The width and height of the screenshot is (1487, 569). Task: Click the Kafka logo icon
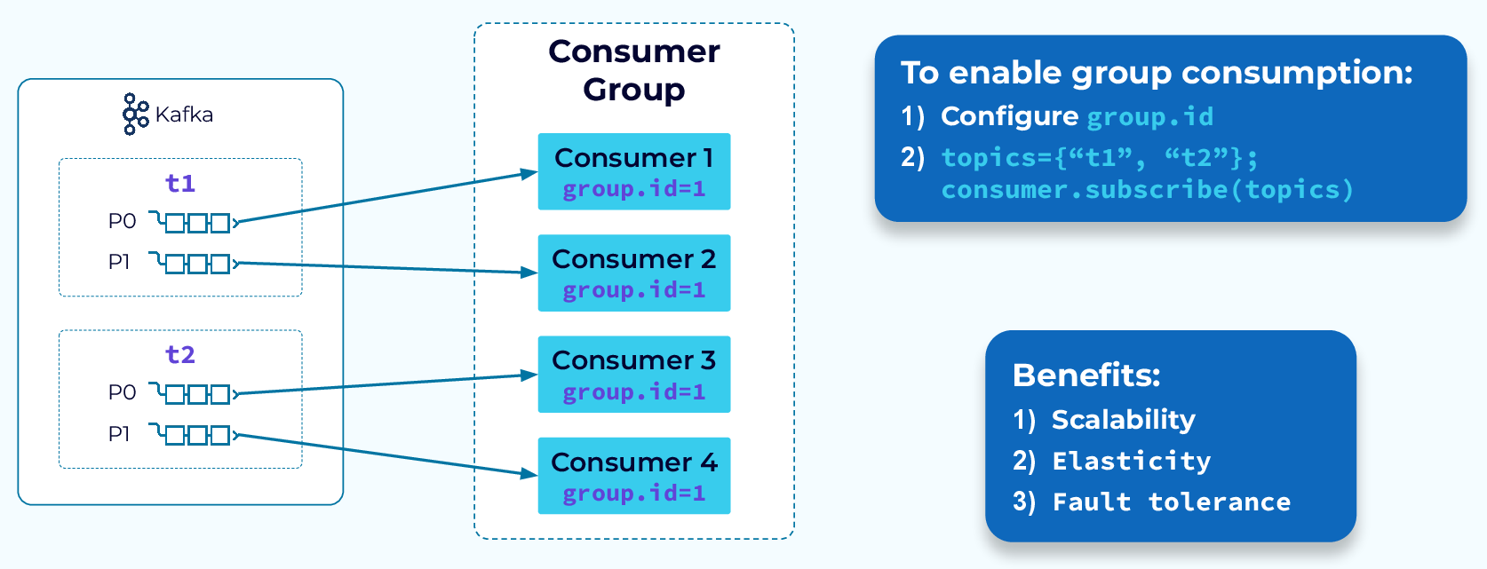(135, 114)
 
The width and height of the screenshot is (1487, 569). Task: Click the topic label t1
(180, 183)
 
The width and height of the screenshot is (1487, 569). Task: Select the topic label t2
(180, 354)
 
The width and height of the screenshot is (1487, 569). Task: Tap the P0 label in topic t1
(122, 221)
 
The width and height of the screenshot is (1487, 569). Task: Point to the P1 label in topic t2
(119, 434)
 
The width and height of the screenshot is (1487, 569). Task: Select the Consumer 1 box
(634, 171)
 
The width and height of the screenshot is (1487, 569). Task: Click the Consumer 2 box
(634, 273)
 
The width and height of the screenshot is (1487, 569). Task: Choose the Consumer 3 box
(634, 374)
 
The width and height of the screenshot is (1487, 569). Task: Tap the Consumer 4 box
(634, 476)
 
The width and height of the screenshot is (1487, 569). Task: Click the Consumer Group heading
(634, 70)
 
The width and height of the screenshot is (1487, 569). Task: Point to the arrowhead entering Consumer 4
(529, 474)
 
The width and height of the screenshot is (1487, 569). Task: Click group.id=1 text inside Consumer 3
(634, 391)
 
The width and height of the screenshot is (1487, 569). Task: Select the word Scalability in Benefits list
(1124, 419)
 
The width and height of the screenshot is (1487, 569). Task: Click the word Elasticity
(1131, 461)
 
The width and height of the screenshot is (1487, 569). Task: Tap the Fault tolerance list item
(1171, 502)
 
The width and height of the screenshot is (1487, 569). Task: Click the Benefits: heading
(1086, 375)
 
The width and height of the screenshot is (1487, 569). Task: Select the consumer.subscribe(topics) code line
(1147, 189)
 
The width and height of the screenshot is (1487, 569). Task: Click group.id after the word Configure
(1150, 116)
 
